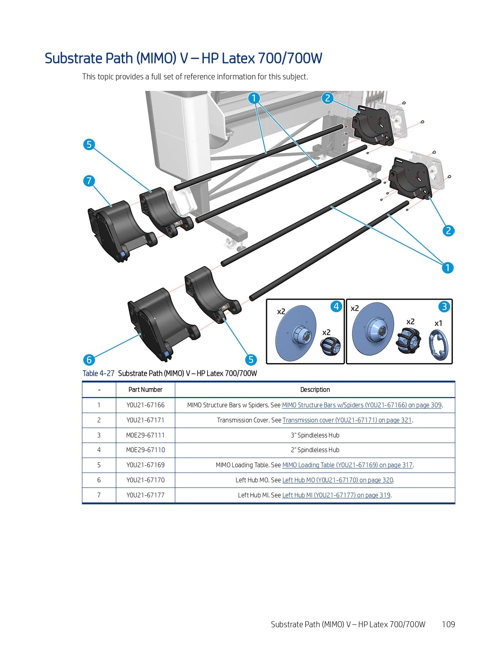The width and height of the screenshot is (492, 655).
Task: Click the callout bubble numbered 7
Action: tap(89, 181)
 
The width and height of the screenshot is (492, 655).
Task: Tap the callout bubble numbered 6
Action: tap(89, 360)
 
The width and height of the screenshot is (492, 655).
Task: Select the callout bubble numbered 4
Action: tap(336, 306)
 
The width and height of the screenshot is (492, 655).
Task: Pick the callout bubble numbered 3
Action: tap(444, 306)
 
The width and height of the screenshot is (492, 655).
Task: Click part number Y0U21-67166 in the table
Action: tap(145, 405)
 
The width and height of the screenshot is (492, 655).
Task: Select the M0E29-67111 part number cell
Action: tap(145, 435)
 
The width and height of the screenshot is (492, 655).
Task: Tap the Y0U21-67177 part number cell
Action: tap(145, 495)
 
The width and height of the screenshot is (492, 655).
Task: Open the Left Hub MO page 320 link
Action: tap(337, 480)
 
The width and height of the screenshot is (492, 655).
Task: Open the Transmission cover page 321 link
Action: tap(347, 420)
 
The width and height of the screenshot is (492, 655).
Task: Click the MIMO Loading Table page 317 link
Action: tap(347, 465)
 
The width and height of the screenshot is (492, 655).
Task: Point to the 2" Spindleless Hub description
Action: tap(315, 450)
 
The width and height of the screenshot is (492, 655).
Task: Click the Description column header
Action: tap(315, 390)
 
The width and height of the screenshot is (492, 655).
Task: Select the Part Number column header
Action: tap(145, 390)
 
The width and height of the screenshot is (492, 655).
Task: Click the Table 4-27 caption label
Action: tap(98, 374)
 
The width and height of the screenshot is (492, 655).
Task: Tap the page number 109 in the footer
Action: tap(448, 624)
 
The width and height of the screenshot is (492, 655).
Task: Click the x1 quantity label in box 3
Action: tap(438, 324)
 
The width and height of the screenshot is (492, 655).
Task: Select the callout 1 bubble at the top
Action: tap(254, 98)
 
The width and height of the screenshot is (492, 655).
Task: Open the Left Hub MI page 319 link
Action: tap(336, 495)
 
